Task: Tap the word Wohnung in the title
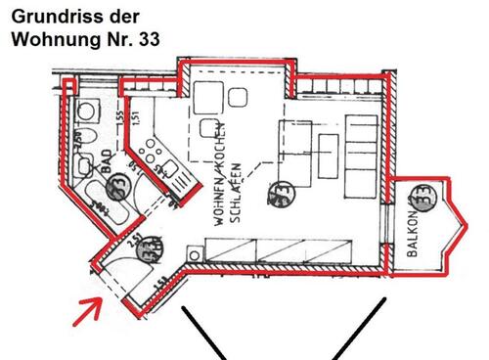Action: coord(48,40)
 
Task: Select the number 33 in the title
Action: coord(147,40)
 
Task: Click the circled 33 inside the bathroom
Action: coord(116,182)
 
